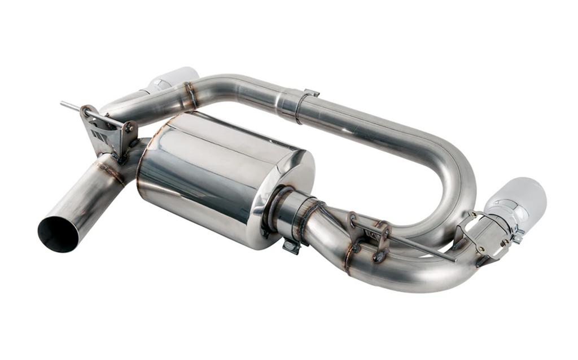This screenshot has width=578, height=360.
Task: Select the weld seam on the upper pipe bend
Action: pos(191,95)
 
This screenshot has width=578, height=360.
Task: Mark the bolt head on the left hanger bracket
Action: pos(129,128)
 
